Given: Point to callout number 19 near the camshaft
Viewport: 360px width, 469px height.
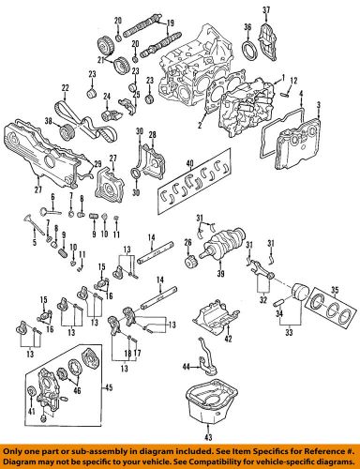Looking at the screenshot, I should (170, 21).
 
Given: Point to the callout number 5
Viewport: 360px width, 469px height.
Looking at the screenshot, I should (36, 242).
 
